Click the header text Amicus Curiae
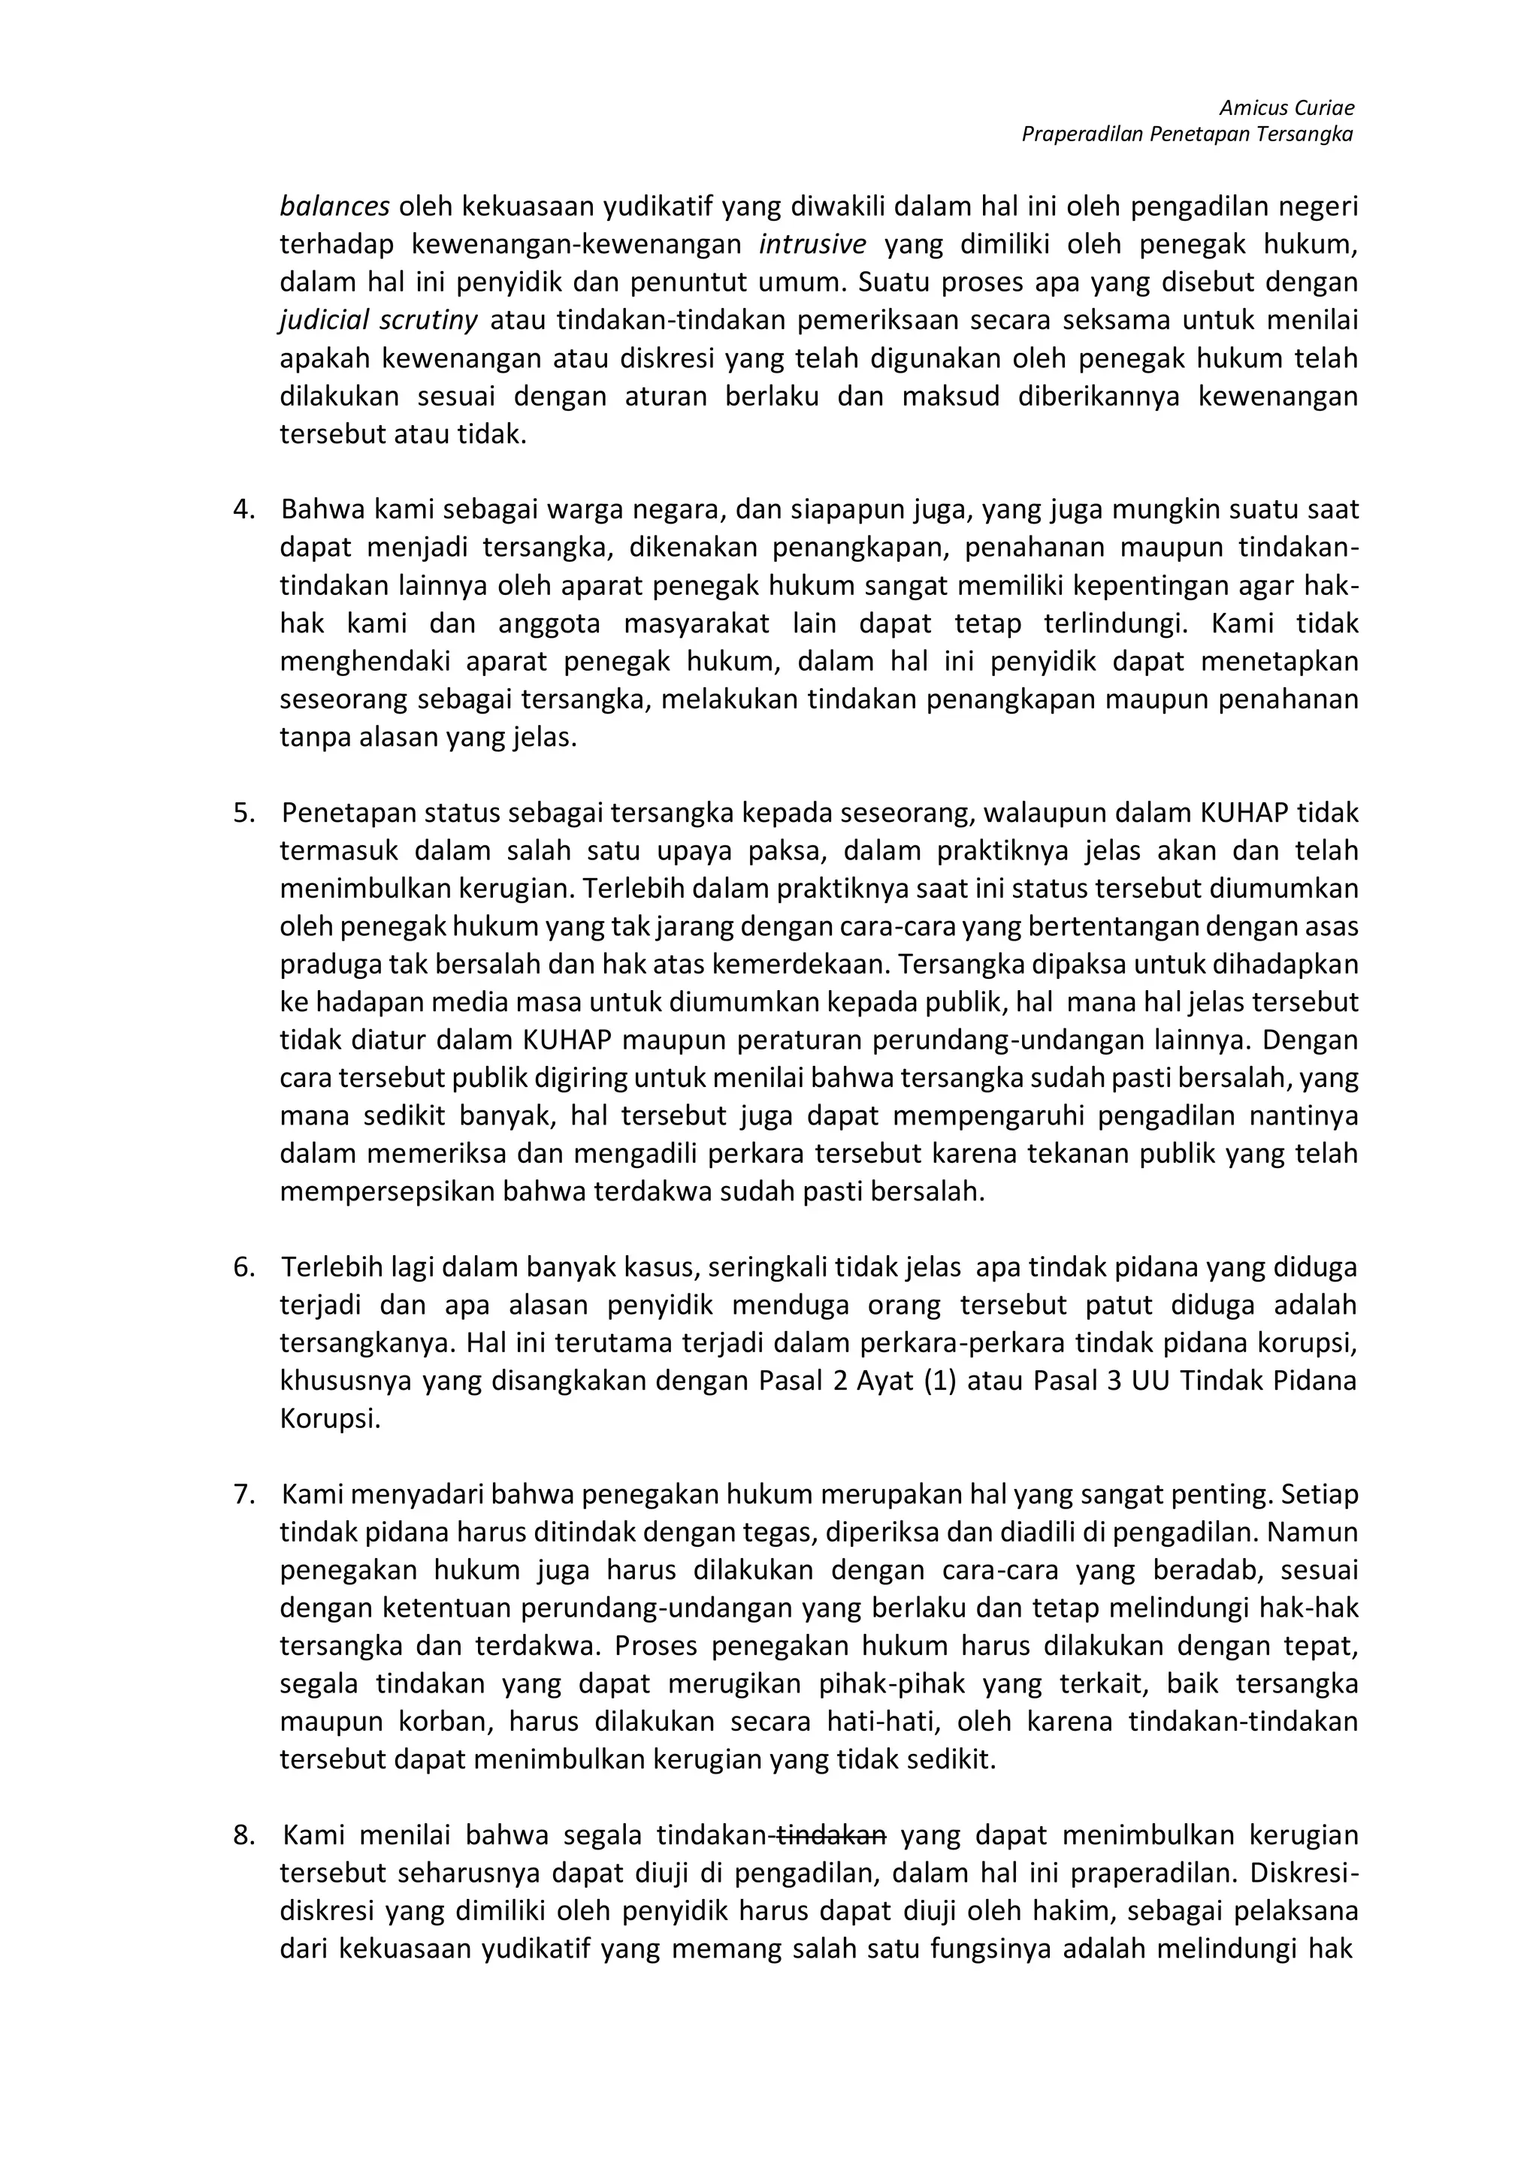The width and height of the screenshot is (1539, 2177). click(x=1286, y=108)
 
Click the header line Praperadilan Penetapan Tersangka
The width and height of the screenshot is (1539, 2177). click(x=1187, y=134)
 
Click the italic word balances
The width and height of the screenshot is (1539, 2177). click(x=334, y=206)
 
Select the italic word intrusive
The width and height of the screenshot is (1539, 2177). click(x=812, y=245)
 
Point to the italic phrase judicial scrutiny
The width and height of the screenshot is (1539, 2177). click(x=378, y=321)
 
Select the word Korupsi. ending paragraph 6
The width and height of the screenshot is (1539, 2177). click(x=330, y=1420)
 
